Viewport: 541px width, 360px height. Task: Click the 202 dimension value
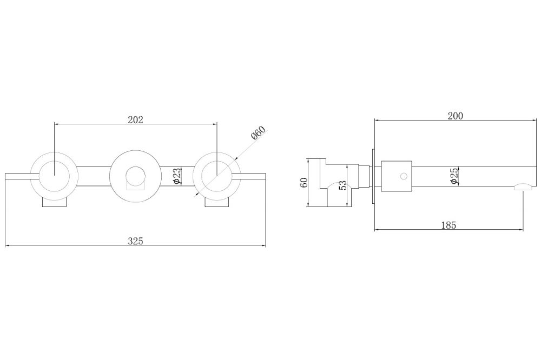(x=135, y=119)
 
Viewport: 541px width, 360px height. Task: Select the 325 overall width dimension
(x=135, y=241)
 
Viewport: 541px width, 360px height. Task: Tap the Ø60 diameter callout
(x=259, y=133)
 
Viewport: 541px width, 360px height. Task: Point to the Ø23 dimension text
(x=176, y=176)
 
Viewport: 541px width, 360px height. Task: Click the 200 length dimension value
(x=456, y=116)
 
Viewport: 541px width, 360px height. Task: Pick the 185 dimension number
(x=448, y=225)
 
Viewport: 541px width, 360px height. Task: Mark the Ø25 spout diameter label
(x=454, y=176)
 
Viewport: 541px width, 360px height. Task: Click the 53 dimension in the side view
(x=342, y=185)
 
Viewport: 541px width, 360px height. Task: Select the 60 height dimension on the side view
(x=304, y=182)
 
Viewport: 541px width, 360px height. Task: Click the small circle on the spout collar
(x=404, y=176)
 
